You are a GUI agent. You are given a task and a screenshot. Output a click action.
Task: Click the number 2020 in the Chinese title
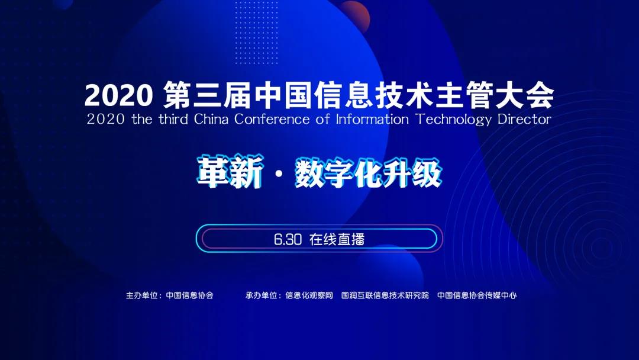tap(119, 95)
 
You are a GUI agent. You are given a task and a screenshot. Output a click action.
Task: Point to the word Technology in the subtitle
tap(453, 119)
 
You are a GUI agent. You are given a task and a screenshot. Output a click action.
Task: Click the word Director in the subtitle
tap(525, 119)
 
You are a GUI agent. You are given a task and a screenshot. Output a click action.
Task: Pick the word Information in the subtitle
tap(372, 119)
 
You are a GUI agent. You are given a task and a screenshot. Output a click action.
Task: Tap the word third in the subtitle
tap(172, 119)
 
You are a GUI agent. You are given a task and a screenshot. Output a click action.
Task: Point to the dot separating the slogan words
tap(278, 175)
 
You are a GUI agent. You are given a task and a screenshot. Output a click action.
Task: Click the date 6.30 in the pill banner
tap(288, 239)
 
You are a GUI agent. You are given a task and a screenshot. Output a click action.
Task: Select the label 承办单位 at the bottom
tap(262, 295)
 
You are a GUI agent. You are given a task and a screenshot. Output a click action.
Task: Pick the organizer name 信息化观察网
tap(309, 295)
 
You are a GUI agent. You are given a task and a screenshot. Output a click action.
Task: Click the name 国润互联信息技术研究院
tap(385, 295)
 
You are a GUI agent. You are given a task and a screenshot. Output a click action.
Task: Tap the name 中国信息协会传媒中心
tap(477, 295)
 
